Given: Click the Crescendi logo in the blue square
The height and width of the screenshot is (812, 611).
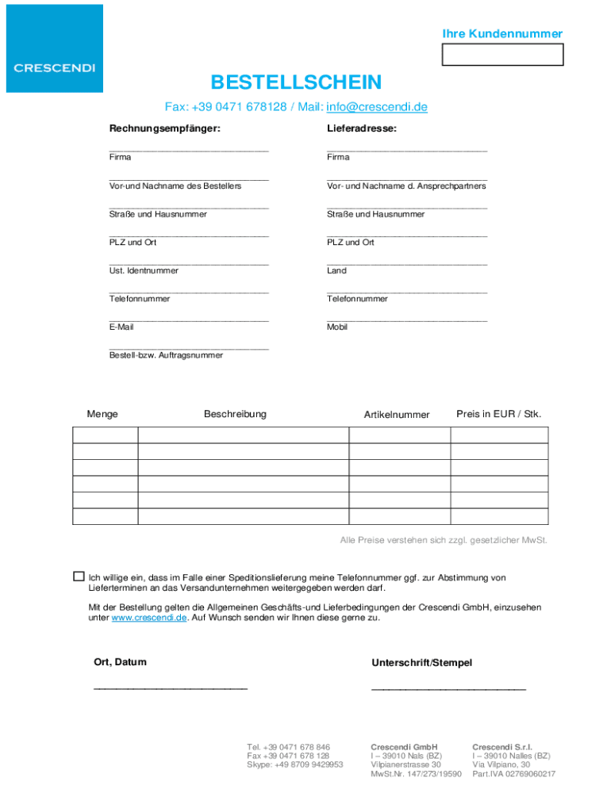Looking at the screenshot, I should (55, 67).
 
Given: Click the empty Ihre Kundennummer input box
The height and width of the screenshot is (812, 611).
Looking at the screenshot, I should (502, 55).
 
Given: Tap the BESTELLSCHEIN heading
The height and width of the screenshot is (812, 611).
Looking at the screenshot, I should (296, 82).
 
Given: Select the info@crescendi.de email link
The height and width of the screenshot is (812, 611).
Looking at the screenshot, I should (377, 107).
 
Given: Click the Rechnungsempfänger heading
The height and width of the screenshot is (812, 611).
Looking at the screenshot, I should (165, 128).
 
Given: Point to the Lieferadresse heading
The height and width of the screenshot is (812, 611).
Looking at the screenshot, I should (362, 128).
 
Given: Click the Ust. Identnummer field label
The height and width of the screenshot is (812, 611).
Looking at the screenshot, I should (144, 271).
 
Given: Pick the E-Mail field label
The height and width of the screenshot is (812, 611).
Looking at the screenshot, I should (121, 327).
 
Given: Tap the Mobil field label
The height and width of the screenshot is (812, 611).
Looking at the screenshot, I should (337, 327).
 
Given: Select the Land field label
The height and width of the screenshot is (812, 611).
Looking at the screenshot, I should (336, 271).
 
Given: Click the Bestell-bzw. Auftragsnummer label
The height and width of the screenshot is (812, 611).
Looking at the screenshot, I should (166, 355).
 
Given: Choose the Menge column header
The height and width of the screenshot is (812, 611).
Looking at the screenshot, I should (102, 414).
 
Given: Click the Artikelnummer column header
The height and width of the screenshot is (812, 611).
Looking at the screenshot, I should (397, 415).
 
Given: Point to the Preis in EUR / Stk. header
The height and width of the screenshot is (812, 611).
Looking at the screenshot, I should (499, 414).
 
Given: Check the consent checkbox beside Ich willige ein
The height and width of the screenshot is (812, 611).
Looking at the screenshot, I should (79, 576).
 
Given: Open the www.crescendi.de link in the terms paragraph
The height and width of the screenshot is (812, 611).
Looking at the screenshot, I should (149, 618).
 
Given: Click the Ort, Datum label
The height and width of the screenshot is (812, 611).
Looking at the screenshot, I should (120, 662).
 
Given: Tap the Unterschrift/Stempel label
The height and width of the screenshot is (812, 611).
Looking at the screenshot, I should (421, 663).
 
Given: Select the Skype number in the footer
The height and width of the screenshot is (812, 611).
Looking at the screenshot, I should (295, 765).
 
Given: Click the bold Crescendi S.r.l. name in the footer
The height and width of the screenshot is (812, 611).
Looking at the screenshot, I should (502, 747).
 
